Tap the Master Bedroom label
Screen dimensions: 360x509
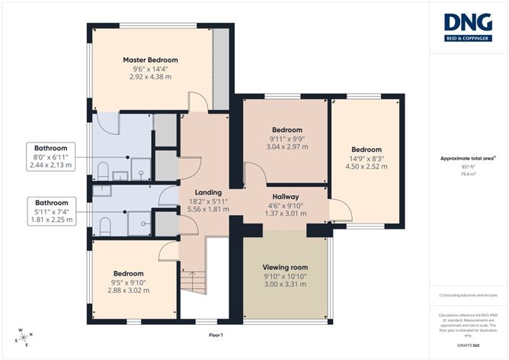(x=151, y=59)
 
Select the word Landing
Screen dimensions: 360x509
(x=207, y=192)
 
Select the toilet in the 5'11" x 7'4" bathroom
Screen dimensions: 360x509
(x=105, y=223)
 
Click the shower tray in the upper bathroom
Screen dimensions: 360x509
(x=139, y=169)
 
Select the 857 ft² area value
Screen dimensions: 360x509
(x=469, y=166)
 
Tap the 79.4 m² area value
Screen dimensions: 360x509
(x=469, y=174)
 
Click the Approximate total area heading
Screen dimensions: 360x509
(x=468, y=158)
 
